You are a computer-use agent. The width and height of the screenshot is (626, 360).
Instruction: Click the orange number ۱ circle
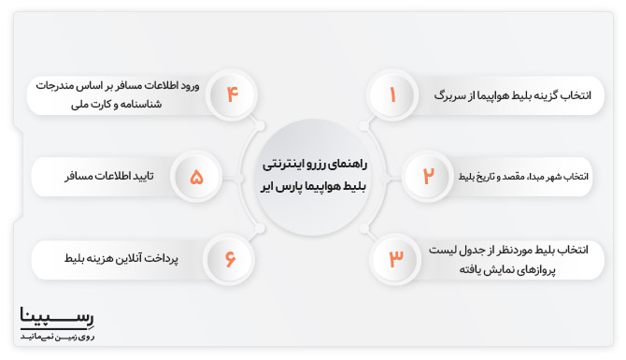(x=393, y=95)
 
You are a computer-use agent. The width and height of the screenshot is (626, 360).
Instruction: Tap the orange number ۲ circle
(x=428, y=176)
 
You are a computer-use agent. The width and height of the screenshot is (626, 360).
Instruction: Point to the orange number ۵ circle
(x=196, y=176)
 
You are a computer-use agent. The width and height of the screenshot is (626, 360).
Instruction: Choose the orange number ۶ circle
(x=230, y=255)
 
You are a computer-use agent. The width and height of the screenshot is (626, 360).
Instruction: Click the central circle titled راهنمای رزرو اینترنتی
(x=312, y=175)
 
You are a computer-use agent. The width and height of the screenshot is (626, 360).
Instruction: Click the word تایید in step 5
(x=145, y=176)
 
